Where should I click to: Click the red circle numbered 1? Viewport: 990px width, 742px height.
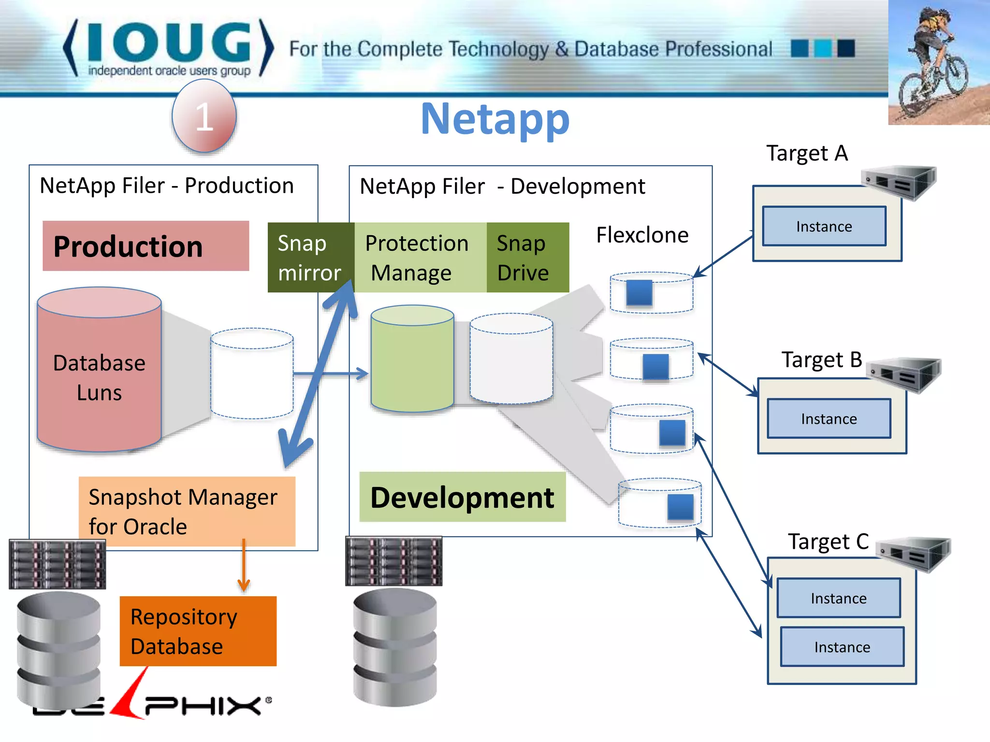coord(204,116)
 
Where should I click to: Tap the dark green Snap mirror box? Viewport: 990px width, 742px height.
coord(310,257)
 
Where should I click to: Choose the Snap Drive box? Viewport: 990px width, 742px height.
coord(527,257)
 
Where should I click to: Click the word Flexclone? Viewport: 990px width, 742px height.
coord(641,235)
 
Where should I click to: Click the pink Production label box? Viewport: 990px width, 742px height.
coord(146,246)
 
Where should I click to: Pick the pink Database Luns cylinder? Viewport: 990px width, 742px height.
coord(99,377)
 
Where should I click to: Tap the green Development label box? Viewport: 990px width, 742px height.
coord(462,497)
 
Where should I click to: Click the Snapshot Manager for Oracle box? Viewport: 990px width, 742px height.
coord(187,511)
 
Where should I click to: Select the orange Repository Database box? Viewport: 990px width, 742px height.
coord(198,631)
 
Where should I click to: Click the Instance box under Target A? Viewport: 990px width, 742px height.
coord(824,227)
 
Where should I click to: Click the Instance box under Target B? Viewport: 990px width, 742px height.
coord(829,419)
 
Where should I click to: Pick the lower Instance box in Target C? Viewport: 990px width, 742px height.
coord(842,647)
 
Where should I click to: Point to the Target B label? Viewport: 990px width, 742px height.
coord(821,360)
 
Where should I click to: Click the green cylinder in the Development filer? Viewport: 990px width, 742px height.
coord(412,360)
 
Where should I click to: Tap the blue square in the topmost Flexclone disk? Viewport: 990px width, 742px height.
coord(639,293)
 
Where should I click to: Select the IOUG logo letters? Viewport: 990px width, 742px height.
coord(169,43)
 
